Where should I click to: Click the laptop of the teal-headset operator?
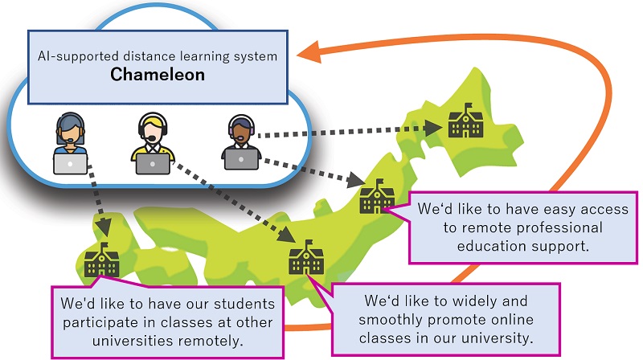coord(71,163)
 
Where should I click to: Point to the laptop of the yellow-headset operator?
coord(152,163)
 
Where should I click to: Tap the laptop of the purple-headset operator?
coord(241,159)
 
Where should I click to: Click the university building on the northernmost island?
coord(465,121)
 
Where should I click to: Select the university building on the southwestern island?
coord(101,259)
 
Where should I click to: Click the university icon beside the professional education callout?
coord(375,197)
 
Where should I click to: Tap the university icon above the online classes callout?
coord(306,259)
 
